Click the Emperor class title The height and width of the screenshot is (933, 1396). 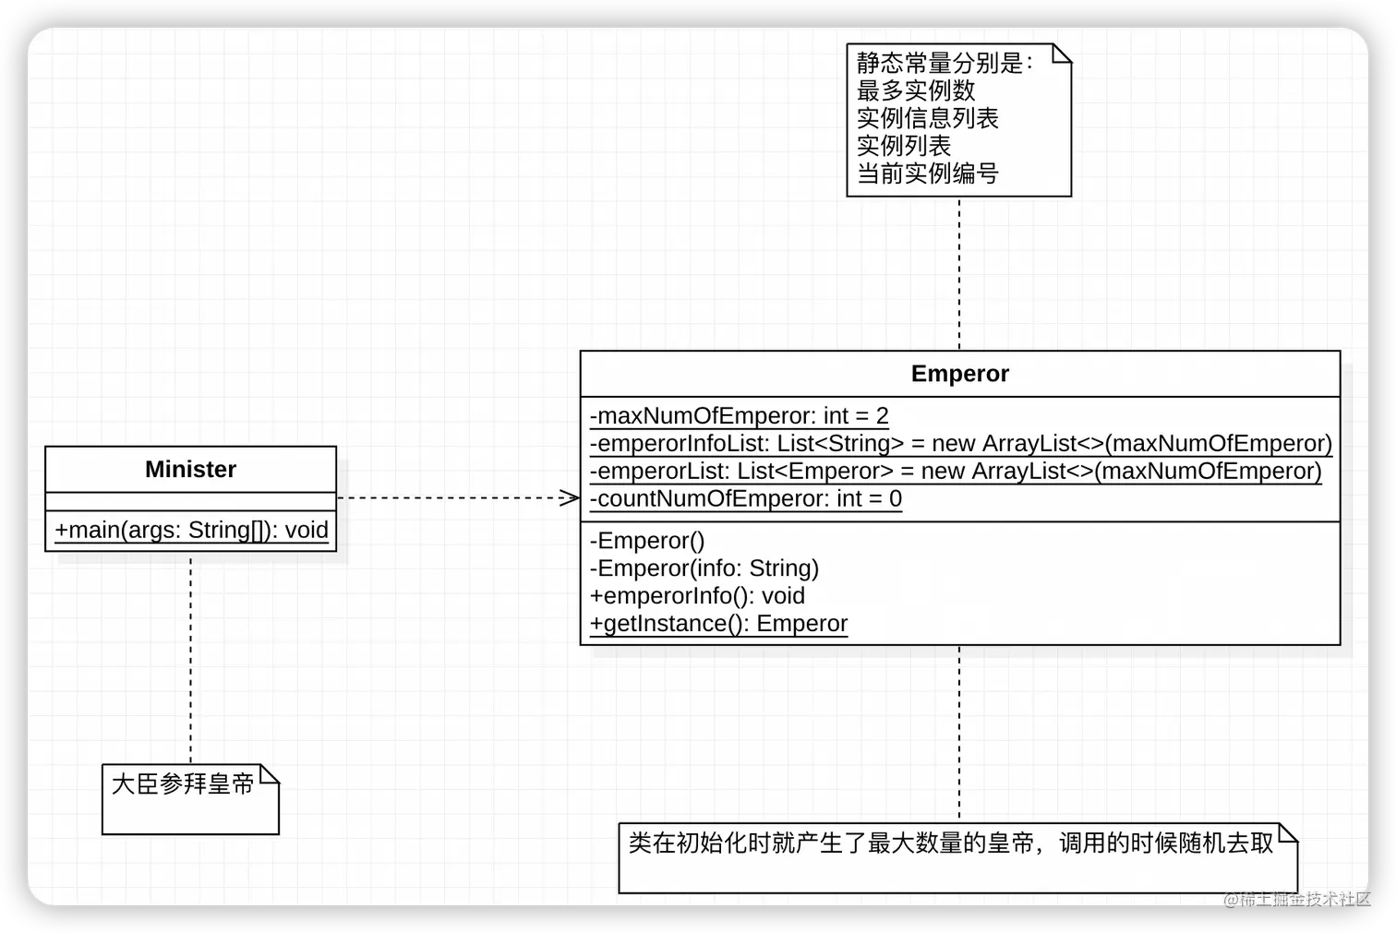pos(959,374)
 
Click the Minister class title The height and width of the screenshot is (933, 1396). pos(190,470)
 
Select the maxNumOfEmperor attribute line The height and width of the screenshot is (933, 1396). pos(739,416)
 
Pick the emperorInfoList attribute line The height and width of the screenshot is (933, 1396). pos(960,444)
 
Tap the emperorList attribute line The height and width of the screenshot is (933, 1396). pos(955,472)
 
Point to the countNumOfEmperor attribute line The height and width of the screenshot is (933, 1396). pos(745,499)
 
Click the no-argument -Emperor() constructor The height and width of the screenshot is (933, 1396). pos(646,541)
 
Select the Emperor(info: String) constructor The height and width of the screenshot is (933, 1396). pos(704,568)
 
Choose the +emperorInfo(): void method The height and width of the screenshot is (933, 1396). pos(697,596)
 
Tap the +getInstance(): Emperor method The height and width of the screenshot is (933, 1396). pos(718,624)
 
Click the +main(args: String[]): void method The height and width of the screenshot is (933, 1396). pos(191,530)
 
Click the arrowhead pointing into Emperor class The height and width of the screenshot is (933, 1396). pos(570,498)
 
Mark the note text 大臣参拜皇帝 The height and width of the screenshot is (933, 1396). pos(182,784)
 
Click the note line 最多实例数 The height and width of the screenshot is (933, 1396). pos(915,90)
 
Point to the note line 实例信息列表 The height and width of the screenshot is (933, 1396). pos(927,118)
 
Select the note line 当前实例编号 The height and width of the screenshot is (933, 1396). pos(927,173)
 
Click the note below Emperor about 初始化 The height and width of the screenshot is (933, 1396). pos(951,843)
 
